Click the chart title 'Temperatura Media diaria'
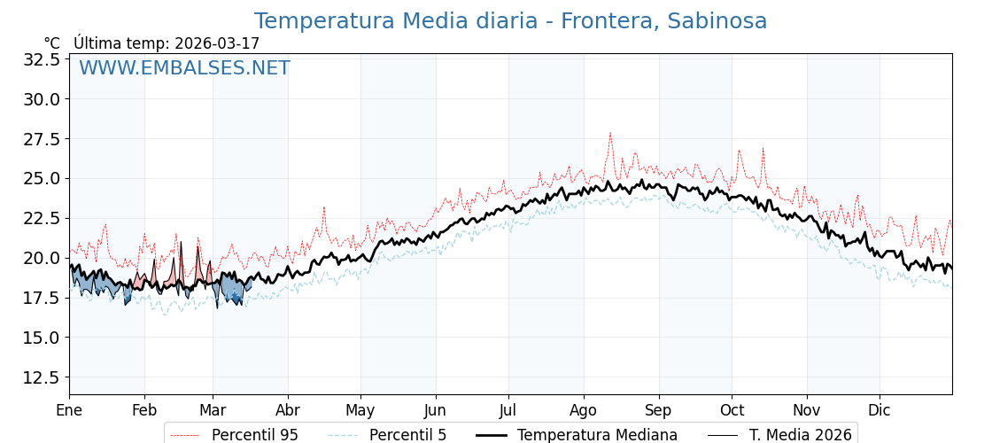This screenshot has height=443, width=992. click(x=396, y=21)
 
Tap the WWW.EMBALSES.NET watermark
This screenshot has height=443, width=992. click(x=184, y=68)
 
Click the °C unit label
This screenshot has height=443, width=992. click(x=52, y=43)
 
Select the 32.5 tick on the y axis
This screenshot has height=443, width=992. click(x=41, y=59)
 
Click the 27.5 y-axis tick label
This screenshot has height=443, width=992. click(x=41, y=139)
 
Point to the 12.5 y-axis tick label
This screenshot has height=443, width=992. click(x=41, y=377)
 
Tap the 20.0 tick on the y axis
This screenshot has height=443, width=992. click(x=41, y=258)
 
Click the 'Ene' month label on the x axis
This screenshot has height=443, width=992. click(x=69, y=411)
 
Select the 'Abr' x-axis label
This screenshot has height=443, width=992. click(x=288, y=411)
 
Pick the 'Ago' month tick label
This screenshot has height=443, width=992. click(x=583, y=411)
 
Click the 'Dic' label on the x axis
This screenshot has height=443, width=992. click(x=880, y=411)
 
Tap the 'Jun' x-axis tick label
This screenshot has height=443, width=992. click(x=435, y=411)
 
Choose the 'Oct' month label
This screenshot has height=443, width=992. click(x=732, y=411)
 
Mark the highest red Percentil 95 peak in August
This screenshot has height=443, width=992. click(x=609, y=133)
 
